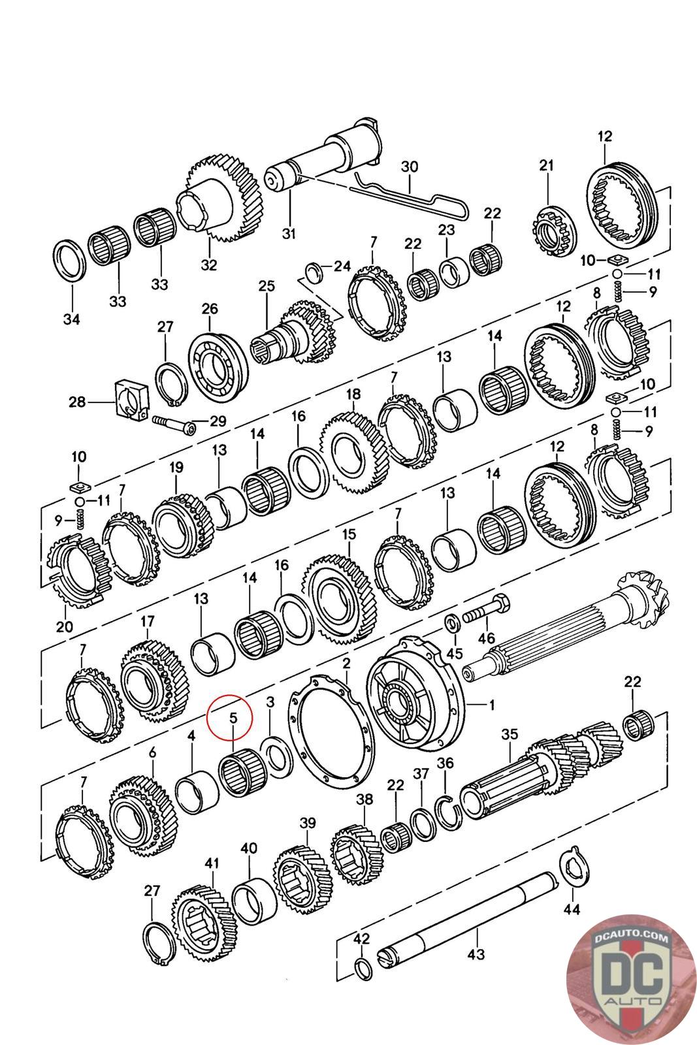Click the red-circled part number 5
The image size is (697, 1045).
233,718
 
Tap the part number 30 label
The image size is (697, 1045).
409,167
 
